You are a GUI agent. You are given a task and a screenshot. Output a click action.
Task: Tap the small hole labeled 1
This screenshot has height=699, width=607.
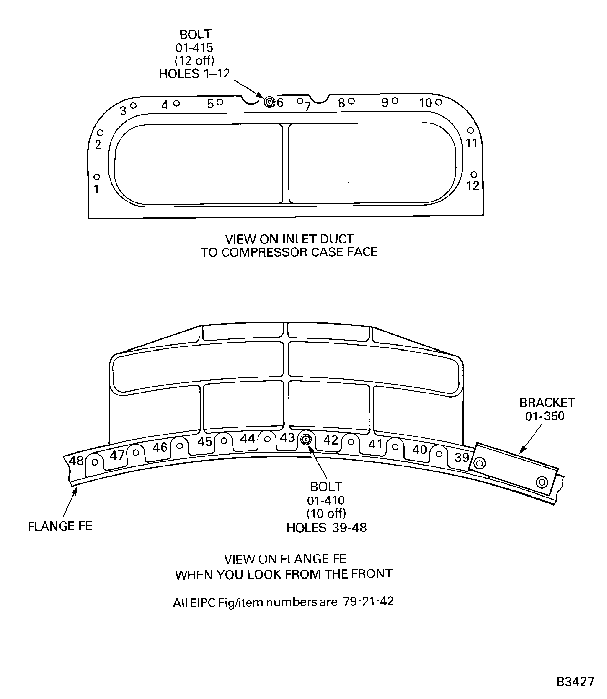tap(97, 177)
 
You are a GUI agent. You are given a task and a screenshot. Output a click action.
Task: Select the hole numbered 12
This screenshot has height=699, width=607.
tap(474, 175)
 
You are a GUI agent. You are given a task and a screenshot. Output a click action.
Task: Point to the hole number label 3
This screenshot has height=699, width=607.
tap(123, 110)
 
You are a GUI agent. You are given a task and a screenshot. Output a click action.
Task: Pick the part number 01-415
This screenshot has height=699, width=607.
tap(194, 47)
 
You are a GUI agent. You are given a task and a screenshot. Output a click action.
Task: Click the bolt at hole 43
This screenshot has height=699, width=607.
tap(306, 440)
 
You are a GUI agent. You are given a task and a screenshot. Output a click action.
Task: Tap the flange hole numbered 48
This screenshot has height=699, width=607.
tap(95, 462)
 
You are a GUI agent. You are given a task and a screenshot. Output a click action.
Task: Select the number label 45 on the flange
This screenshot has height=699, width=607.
tap(205, 442)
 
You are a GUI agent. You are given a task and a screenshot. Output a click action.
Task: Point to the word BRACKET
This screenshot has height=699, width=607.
tap(547, 403)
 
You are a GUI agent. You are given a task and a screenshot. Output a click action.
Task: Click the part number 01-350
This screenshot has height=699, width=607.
tap(545, 416)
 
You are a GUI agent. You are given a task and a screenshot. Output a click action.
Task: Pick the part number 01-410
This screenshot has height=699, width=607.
tap(326, 500)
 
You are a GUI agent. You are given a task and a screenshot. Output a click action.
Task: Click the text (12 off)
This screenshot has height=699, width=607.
tap(194, 61)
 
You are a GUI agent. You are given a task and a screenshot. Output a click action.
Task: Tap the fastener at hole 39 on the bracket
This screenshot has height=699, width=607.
tap(480, 463)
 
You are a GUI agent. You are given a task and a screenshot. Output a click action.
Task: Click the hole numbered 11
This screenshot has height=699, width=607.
tap(470, 130)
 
